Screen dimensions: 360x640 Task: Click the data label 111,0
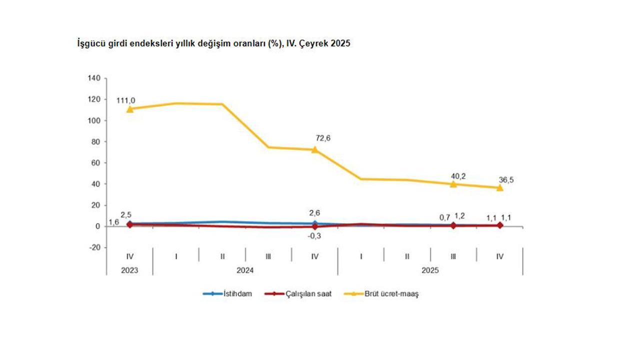125,100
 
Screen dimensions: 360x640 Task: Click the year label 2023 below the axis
129,270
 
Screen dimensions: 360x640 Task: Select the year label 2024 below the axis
245,270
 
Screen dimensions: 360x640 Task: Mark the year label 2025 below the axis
430,270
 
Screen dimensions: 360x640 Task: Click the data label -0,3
315,235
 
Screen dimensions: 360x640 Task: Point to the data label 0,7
445,216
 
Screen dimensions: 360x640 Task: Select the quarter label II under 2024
222,256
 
